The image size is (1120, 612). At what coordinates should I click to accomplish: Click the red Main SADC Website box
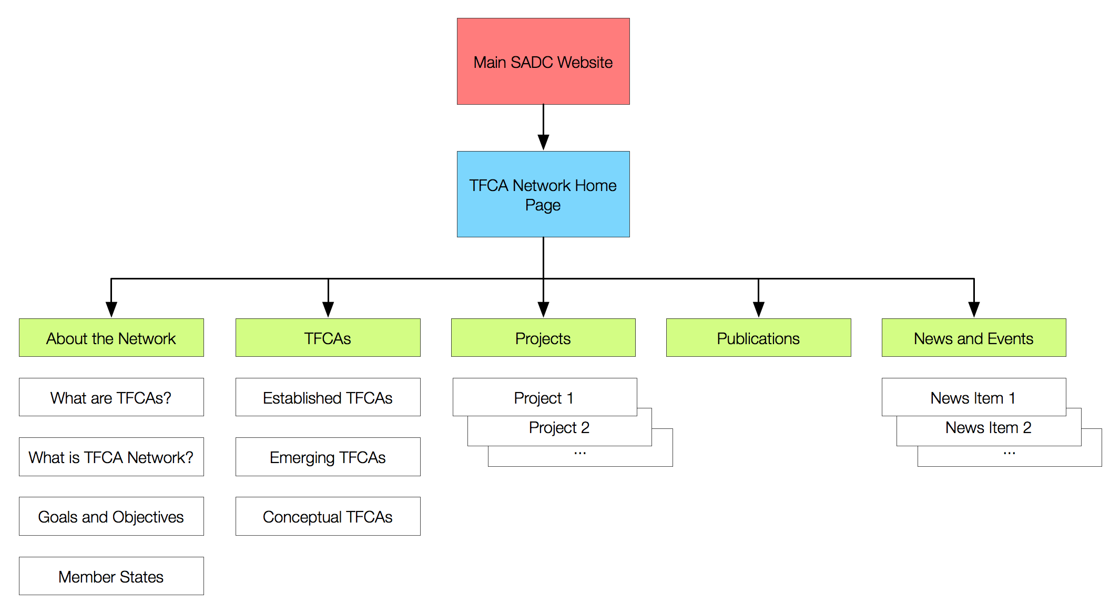pos(543,62)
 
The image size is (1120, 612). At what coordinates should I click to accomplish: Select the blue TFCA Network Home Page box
pos(543,194)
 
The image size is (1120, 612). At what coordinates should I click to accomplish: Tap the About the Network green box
pos(111,338)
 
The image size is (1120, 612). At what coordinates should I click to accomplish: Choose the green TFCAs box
pos(328,338)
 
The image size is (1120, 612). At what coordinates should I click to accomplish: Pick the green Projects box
pos(543,338)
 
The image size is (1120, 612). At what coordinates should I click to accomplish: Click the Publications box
pos(758,338)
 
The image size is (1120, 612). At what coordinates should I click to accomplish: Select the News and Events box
pos(974,338)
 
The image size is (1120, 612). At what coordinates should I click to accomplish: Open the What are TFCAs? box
pos(111,397)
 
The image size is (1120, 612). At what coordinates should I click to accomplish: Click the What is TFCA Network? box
pos(111,457)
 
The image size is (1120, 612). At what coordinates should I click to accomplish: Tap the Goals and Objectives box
pos(111,516)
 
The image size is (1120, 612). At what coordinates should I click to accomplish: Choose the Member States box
pos(111,576)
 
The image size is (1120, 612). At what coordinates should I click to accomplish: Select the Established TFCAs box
pos(328,397)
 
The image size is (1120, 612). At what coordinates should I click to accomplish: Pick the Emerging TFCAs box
pos(328,457)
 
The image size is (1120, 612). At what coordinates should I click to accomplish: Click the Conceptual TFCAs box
pos(328,516)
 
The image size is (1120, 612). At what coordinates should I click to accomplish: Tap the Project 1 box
pos(544,397)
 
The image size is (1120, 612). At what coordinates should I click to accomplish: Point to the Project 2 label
pos(559,428)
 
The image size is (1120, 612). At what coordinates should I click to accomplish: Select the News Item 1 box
pos(973,397)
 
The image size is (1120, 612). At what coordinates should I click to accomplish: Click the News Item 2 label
pos(989,428)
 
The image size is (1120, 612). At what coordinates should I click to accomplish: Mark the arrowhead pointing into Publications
pos(758,309)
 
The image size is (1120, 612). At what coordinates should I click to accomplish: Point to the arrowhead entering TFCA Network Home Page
pos(543,142)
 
